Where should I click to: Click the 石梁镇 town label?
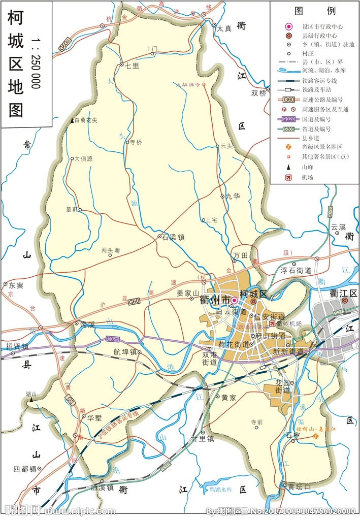click(174, 237)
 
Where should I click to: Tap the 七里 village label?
click(132, 65)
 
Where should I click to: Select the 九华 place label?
click(233, 196)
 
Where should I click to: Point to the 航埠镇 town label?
click(125, 351)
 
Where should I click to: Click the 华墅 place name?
click(95, 417)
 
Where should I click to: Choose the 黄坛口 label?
click(299, 485)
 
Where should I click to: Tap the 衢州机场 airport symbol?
click(273, 323)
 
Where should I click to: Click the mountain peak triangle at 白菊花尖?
click(72, 120)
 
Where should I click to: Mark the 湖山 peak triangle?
click(31, 400)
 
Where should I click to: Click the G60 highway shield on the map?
click(134, 302)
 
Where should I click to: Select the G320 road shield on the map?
click(112, 339)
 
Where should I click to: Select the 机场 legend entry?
click(307, 177)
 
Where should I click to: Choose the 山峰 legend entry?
click(307, 167)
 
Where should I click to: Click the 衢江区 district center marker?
click(344, 301)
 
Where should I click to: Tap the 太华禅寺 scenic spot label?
click(188, 84)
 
